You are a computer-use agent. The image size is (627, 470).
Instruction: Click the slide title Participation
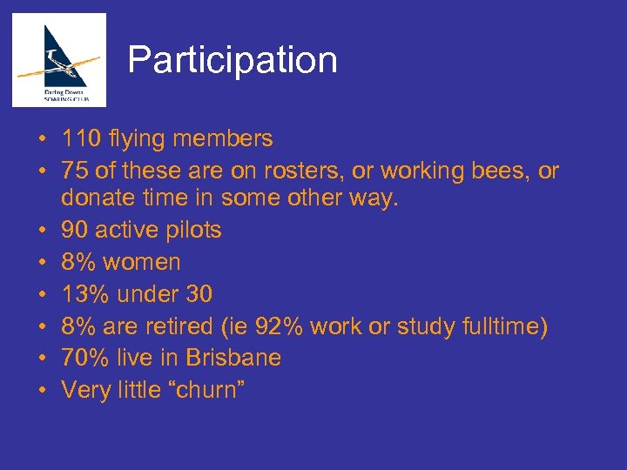click(233, 60)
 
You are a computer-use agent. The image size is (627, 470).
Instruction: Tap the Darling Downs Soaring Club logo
click(59, 60)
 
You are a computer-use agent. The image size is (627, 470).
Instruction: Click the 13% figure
click(84, 294)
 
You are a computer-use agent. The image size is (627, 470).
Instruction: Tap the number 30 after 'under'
click(199, 294)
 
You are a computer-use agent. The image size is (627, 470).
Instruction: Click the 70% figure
click(84, 358)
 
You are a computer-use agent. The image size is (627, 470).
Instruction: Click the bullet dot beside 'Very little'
click(42, 390)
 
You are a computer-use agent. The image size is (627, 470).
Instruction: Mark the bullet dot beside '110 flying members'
click(42, 139)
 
